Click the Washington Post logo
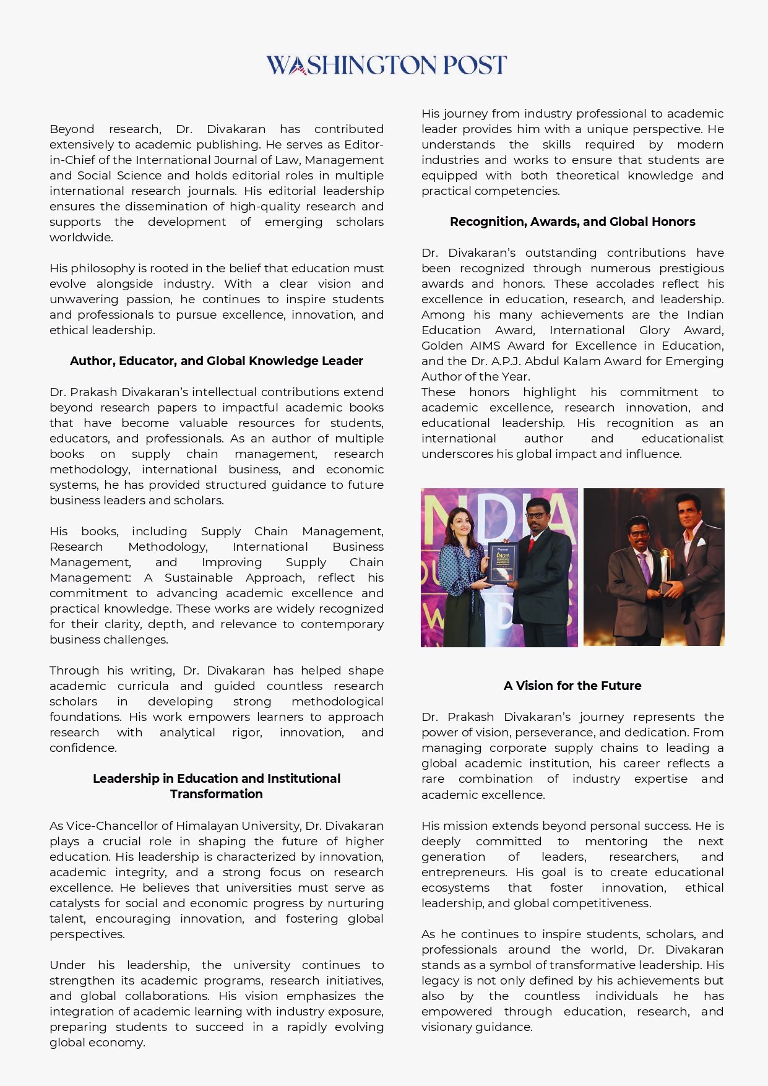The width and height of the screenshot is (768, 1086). click(386, 65)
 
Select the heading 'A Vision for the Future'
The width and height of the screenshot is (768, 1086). click(572, 686)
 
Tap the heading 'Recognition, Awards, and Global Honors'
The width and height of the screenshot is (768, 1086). click(572, 222)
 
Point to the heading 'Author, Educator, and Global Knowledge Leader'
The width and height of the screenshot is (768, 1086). click(216, 361)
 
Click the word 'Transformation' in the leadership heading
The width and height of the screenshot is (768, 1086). click(216, 794)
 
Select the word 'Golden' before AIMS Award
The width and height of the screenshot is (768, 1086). click(442, 345)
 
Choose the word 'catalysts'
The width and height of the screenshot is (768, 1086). click(76, 903)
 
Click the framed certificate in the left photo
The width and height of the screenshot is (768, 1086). click(502, 562)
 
